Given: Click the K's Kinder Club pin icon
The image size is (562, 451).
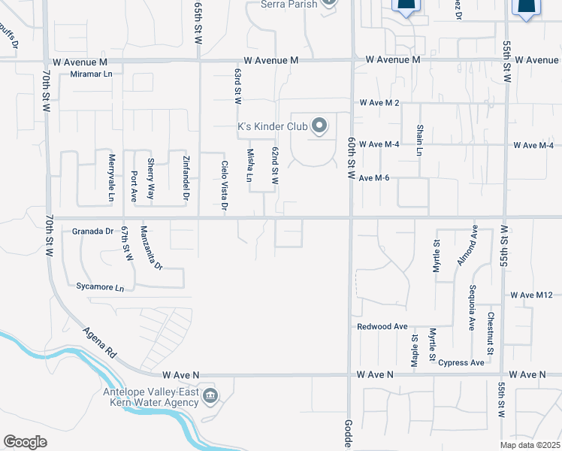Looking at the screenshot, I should [x=320, y=126].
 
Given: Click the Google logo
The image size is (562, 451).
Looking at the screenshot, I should [x=25, y=442].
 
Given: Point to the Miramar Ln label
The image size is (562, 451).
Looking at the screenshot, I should [x=92, y=75].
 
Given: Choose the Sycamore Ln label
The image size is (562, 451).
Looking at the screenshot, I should [x=99, y=287].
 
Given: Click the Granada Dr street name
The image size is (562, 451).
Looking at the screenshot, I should [x=92, y=232].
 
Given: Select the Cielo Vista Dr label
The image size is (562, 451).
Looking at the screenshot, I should [x=224, y=185].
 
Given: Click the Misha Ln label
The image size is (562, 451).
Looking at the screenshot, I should [x=250, y=166].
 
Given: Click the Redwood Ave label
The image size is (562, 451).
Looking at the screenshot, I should [x=382, y=327].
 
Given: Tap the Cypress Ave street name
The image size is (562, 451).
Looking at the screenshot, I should [x=462, y=362].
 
